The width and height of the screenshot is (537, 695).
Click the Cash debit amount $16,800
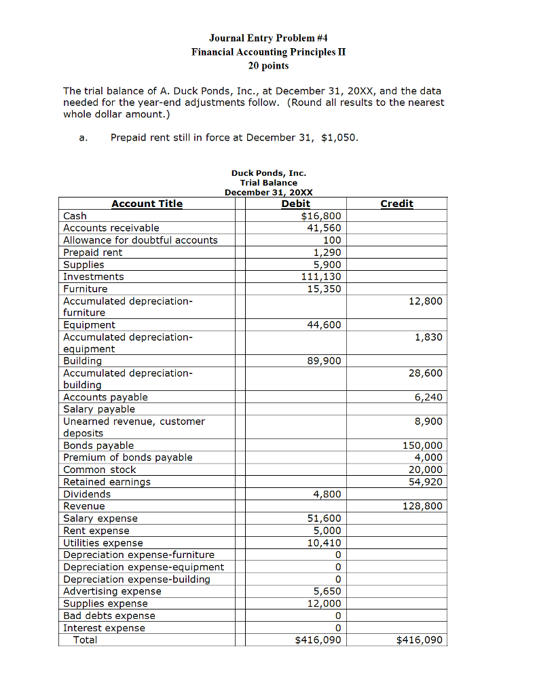pyautogui.click(x=321, y=216)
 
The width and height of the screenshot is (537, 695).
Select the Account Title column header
pyautogui.click(x=147, y=204)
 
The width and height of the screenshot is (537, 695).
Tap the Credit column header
pyautogui.click(x=396, y=204)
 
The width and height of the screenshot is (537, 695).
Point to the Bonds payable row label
pyautogui.click(x=98, y=445)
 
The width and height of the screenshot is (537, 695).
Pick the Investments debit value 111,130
pyautogui.click(x=321, y=276)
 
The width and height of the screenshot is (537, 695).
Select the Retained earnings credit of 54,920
pyautogui.click(x=426, y=482)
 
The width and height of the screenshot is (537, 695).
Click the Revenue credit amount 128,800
pyautogui.click(x=423, y=506)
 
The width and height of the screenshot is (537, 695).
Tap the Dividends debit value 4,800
pyautogui.click(x=327, y=494)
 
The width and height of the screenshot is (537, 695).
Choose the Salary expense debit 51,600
pyautogui.click(x=325, y=519)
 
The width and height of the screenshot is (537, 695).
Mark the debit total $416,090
pyautogui.click(x=318, y=640)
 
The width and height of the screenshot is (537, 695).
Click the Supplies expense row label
pyautogui.click(x=105, y=603)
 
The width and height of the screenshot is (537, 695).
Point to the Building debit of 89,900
pyautogui.click(x=325, y=361)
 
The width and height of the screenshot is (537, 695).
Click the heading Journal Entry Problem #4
pyautogui.click(x=268, y=38)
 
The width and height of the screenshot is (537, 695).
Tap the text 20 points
pyautogui.click(x=268, y=66)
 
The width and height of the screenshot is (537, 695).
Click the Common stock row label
pyautogui.click(x=99, y=470)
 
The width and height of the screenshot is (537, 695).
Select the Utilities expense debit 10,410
pyautogui.click(x=325, y=543)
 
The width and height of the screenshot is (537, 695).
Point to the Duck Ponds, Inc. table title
pyautogui.click(x=268, y=173)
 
